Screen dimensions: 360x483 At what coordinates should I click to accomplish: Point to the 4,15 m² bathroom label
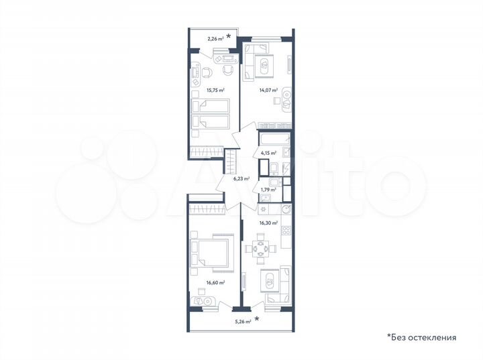(268, 154)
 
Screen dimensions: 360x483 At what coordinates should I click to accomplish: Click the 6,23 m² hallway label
(241, 179)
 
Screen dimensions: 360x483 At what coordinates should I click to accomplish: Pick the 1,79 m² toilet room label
(268, 190)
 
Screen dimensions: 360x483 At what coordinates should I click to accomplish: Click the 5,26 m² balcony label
(242, 322)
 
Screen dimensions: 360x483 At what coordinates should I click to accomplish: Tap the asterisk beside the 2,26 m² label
(229, 36)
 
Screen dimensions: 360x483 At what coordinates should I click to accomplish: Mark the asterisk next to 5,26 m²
(256, 320)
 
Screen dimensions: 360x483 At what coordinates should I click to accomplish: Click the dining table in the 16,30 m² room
(261, 249)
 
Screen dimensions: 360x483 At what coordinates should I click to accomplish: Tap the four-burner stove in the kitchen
(284, 231)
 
